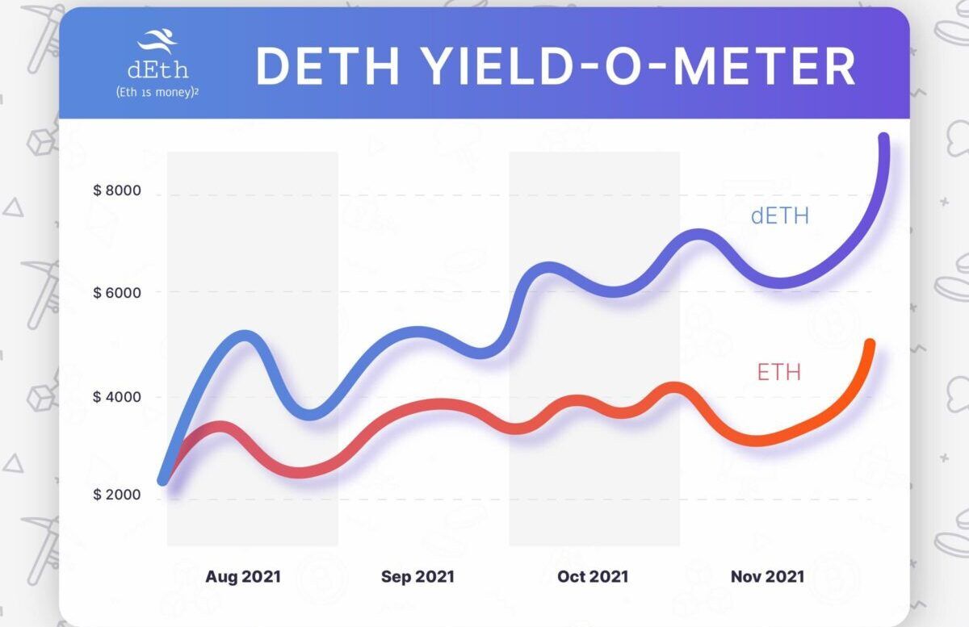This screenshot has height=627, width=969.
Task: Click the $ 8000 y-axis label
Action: pyautogui.click(x=117, y=191)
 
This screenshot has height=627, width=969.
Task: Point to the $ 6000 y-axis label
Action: pyautogui.click(x=117, y=292)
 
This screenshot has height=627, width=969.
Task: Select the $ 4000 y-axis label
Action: pyautogui.click(x=117, y=397)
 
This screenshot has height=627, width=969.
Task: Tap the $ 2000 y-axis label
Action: pyautogui.click(x=117, y=495)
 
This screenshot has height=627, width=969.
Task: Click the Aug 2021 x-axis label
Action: pyautogui.click(x=243, y=577)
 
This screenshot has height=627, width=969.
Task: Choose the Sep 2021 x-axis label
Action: pyautogui.click(x=417, y=577)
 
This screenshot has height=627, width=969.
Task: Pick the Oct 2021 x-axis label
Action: pyautogui.click(x=593, y=577)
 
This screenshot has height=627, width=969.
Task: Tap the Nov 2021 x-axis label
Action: pyautogui.click(x=767, y=577)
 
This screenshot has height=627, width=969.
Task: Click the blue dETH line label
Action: pyautogui.click(x=779, y=216)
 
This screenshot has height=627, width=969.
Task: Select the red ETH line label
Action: pyautogui.click(x=779, y=373)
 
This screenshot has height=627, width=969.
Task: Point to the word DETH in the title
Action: pyautogui.click(x=327, y=67)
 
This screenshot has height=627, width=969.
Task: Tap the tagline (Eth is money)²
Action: pyautogui.click(x=157, y=93)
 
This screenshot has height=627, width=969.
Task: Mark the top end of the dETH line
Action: pyautogui.click(x=883, y=139)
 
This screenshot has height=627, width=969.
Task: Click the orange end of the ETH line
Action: pyautogui.click(x=870, y=345)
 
